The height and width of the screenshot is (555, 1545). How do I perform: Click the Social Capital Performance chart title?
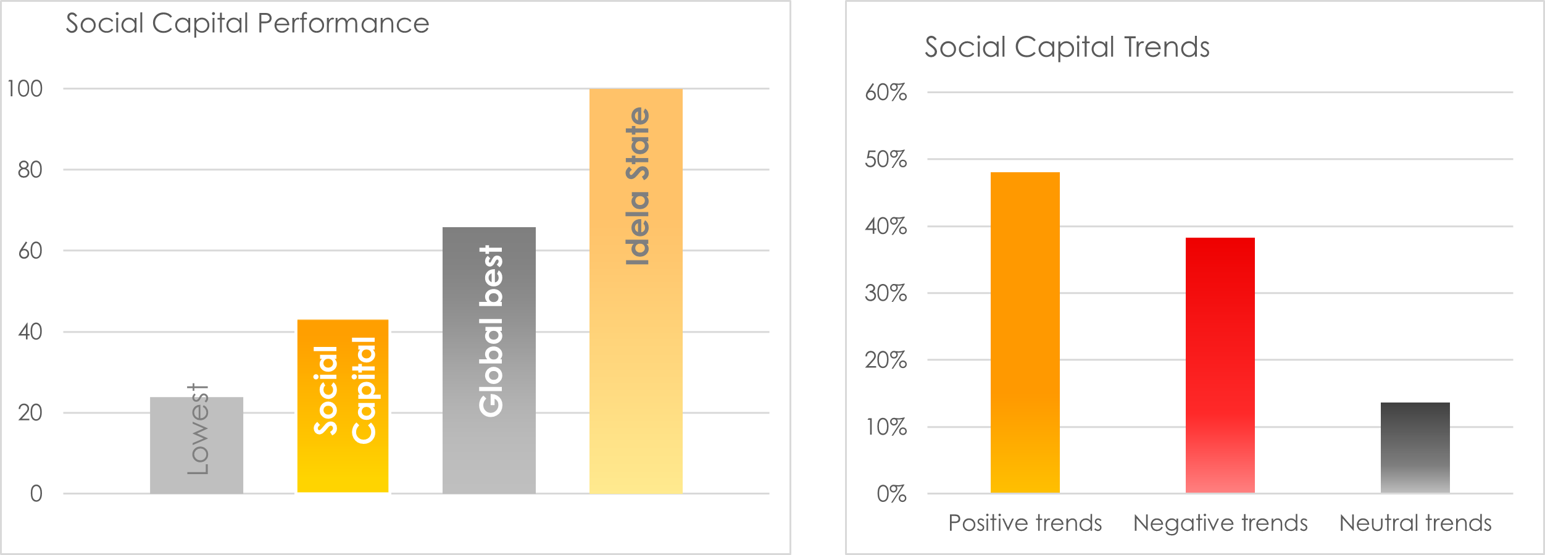click(x=247, y=23)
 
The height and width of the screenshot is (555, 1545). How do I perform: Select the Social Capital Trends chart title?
click(x=1067, y=47)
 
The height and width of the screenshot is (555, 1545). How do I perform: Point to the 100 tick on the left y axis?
click(x=25, y=89)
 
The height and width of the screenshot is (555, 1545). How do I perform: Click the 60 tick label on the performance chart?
click(x=30, y=251)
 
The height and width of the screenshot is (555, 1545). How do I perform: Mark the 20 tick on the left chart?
click(x=30, y=412)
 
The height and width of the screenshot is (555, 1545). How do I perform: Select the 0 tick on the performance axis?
click(x=36, y=493)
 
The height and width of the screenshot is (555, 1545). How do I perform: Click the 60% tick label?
click(x=885, y=93)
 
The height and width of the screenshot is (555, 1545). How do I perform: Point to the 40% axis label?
click(x=885, y=226)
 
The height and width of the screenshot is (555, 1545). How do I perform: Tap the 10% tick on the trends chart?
click(x=885, y=427)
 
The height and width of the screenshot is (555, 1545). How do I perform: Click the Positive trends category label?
click(x=1025, y=523)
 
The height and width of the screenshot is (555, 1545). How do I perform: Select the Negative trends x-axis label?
click(x=1220, y=523)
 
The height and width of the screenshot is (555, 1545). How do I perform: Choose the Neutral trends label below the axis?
click(x=1415, y=523)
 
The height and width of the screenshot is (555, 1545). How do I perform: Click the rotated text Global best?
click(x=491, y=331)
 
